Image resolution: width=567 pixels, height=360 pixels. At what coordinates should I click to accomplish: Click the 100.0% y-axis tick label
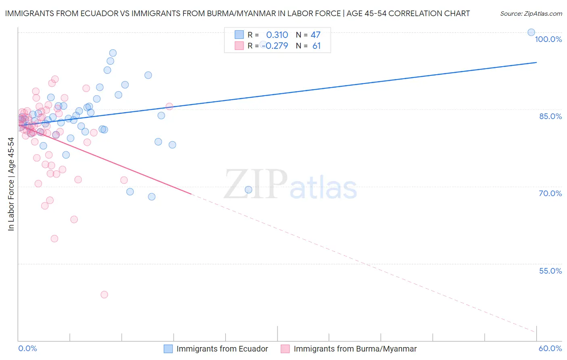(548, 39)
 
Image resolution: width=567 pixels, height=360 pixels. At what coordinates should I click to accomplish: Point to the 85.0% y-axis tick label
(550, 116)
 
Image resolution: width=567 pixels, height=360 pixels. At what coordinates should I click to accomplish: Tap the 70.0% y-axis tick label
(550, 193)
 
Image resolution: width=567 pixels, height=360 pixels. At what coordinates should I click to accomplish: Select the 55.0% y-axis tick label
(550, 271)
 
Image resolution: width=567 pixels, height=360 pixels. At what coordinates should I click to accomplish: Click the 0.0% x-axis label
(27, 348)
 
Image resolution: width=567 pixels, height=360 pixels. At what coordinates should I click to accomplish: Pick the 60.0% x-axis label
(550, 348)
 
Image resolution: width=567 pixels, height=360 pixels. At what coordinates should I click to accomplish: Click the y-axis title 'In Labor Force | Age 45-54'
(11, 184)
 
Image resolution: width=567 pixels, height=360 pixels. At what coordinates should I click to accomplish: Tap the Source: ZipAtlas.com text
(531, 14)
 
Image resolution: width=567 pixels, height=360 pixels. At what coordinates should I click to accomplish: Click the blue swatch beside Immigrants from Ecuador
(168, 349)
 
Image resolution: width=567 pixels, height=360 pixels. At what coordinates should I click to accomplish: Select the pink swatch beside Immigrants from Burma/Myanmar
(285, 349)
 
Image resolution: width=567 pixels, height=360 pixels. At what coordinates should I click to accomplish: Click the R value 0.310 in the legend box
(277, 35)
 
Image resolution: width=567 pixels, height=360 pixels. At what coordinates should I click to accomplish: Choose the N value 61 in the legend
(317, 46)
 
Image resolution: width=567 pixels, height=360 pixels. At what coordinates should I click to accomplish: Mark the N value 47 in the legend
(315, 35)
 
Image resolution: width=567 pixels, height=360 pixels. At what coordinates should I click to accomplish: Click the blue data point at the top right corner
(532, 32)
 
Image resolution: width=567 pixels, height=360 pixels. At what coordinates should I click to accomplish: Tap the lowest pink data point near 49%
(104, 295)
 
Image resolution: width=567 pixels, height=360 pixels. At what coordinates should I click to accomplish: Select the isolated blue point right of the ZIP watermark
(248, 190)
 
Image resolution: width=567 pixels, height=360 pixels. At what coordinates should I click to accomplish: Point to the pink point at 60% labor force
(54, 239)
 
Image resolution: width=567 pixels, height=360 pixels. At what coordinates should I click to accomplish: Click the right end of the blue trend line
(536, 63)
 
